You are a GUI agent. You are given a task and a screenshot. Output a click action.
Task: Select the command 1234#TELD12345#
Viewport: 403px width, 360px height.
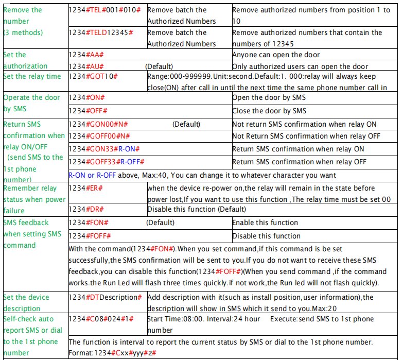point(101,32)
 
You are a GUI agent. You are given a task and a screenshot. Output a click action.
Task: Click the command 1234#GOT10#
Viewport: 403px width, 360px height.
point(94,76)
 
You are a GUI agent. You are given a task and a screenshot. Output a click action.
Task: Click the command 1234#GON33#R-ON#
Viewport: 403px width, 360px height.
point(104,149)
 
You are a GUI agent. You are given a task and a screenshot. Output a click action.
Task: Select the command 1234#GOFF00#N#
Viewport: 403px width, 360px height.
point(99,136)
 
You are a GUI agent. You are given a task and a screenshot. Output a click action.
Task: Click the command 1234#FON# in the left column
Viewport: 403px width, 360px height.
point(89,222)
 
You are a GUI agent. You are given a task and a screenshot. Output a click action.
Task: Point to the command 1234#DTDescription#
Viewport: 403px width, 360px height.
point(105,297)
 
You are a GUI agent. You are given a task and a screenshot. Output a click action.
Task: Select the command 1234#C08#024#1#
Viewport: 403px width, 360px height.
point(101,319)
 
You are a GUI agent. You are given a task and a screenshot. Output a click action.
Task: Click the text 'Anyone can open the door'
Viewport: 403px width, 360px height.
point(276,55)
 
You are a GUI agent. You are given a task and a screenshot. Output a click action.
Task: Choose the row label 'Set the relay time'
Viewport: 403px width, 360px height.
point(32,76)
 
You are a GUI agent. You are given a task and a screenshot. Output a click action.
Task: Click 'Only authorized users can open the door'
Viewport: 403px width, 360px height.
point(300,66)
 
